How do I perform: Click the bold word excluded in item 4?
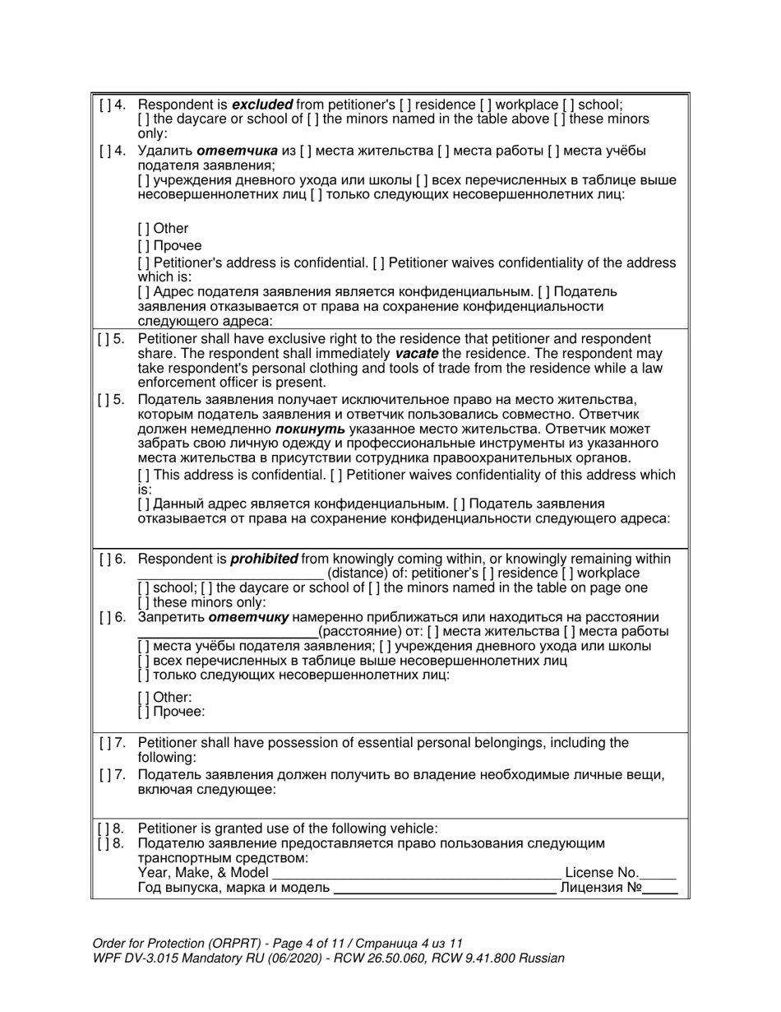coord(262,104)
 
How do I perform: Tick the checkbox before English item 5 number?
coord(104,339)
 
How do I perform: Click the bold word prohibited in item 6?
coord(263,559)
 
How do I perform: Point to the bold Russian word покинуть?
coord(310,429)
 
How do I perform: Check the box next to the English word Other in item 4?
coord(143,229)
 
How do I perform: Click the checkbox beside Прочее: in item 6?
coord(143,712)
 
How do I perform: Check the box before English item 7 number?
coord(104,743)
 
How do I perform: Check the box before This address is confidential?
coord(143,475)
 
